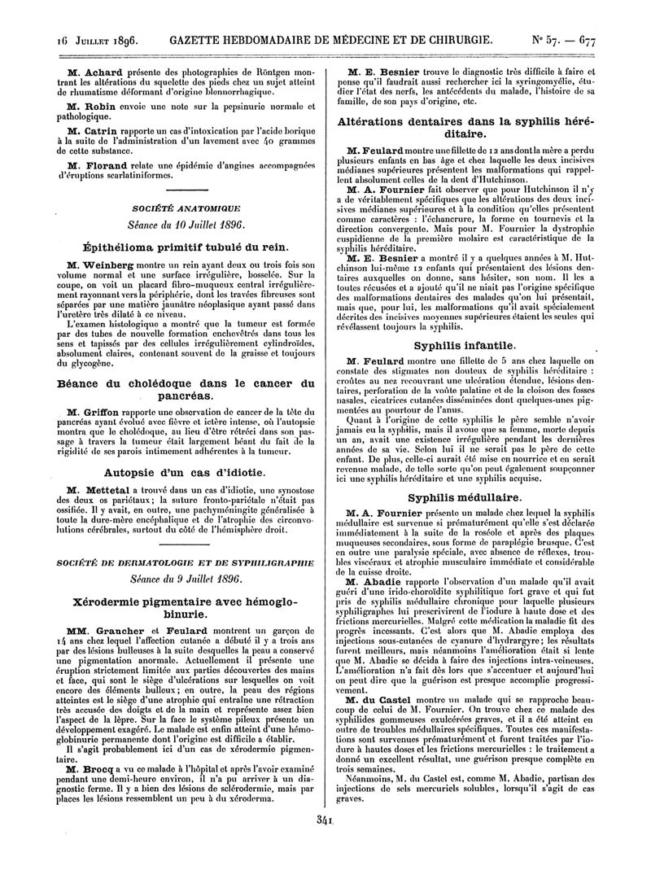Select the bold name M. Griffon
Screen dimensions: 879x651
93,409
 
